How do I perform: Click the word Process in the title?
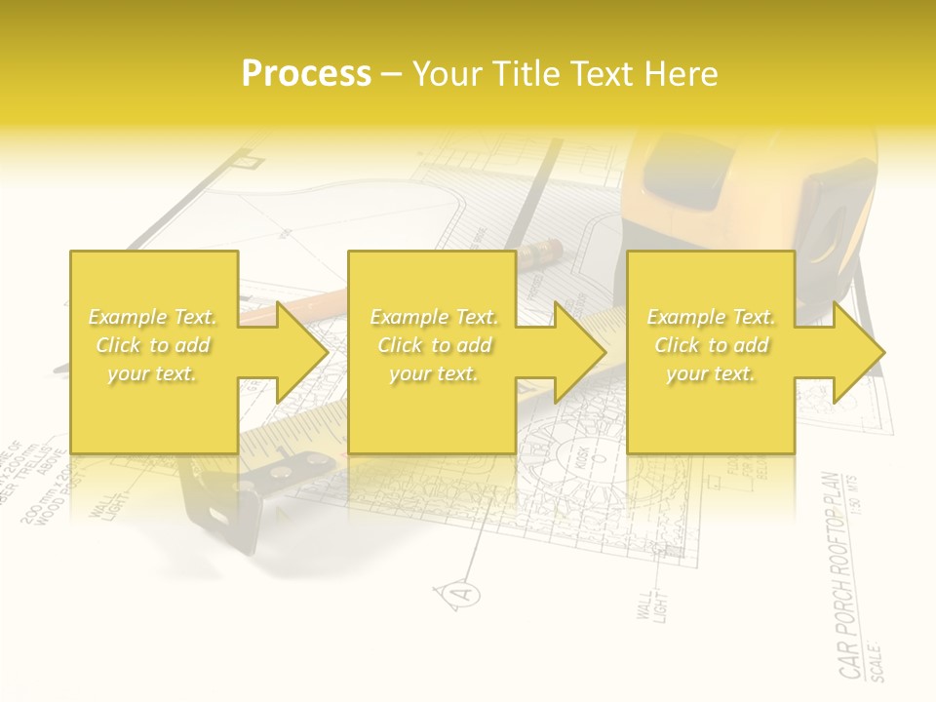click(x=306, y=74)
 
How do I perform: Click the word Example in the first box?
click(x=126, y=317)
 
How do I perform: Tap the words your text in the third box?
click(x=710, y=373)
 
